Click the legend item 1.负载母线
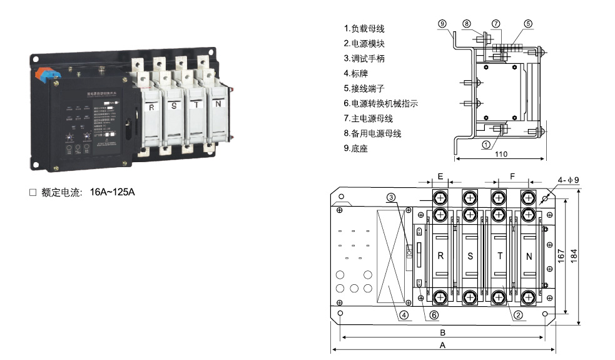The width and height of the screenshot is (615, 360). [364, 29]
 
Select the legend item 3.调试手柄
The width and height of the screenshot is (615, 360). [364, 59]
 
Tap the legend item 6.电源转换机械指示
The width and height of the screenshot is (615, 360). [380, 103]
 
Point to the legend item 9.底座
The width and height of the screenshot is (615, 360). [357, 148]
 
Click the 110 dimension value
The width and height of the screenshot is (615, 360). [501, 154]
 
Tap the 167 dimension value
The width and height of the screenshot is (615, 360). [561, 255]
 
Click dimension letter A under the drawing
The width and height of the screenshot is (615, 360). [442, 345]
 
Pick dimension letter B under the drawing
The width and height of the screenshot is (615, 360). [442, 332]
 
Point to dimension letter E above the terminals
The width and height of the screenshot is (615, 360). [440, 177]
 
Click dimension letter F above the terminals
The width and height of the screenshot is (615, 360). [512, 177]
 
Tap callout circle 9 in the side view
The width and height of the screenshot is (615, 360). [442, 24]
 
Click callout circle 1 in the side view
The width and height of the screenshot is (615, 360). [486, 145]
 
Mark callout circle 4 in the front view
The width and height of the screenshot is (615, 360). [405, 315]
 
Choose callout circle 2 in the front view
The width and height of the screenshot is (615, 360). [518, 315]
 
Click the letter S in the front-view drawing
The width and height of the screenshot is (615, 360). [470, 255]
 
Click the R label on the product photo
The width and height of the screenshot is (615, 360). [151, 107]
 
